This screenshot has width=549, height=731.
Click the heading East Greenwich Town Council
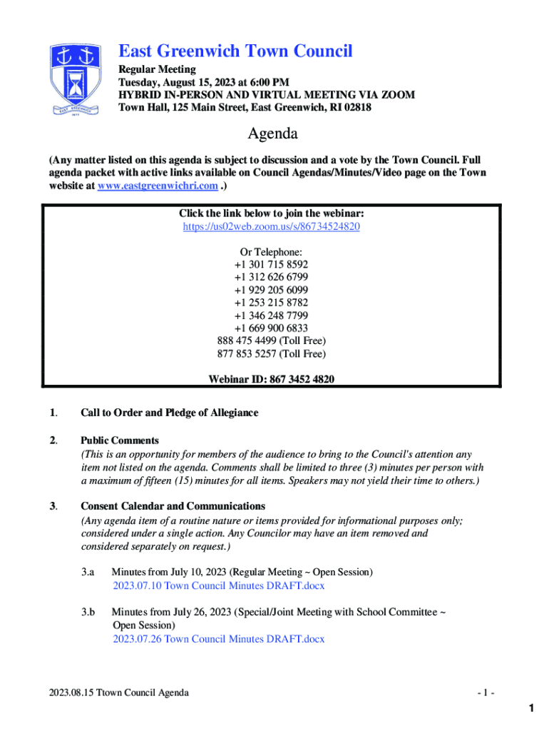235,51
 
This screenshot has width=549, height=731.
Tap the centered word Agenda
272,133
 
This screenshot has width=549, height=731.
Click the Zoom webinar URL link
271,226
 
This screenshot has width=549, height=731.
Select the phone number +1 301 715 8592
271,264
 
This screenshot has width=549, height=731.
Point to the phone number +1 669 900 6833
271,328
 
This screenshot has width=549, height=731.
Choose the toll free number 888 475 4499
271,341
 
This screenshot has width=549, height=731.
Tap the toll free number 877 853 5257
271,354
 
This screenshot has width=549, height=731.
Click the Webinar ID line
271,380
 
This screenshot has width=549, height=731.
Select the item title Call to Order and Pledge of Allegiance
169,413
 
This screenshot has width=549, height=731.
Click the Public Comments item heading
120,440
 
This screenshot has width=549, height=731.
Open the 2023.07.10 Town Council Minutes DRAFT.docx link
218,585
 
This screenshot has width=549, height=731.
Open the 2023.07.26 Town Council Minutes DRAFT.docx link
218,638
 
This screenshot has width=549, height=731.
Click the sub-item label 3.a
88,573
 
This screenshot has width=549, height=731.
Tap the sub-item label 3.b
88,612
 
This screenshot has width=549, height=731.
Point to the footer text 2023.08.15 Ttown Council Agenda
119,692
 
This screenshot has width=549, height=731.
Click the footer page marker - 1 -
487,692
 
